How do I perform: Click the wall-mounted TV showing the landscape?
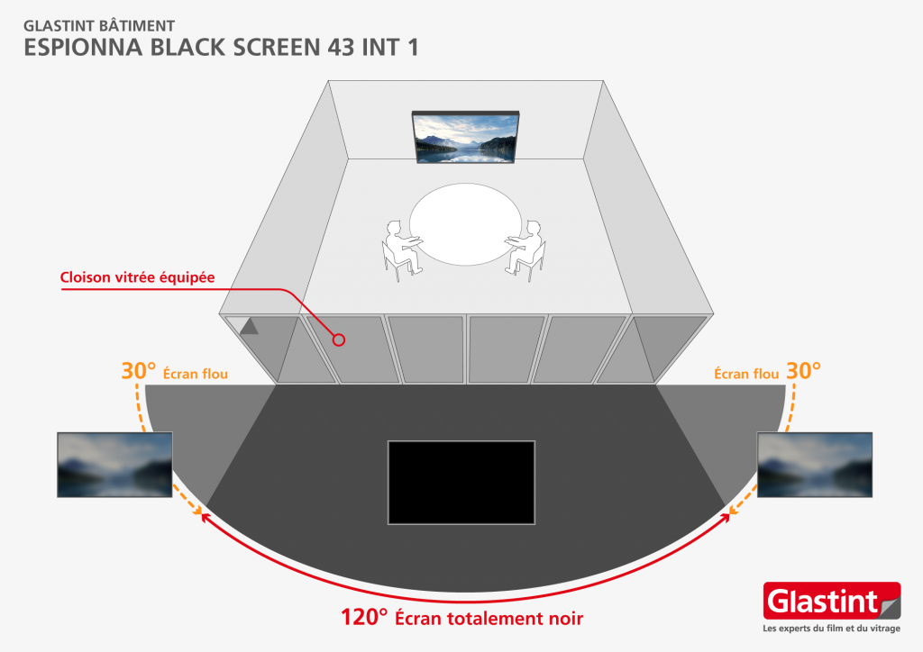(x=466, y=137)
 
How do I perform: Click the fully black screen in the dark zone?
(x=461, y=482)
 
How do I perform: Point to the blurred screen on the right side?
(x=815, y=465)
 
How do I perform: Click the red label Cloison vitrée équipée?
(x=137, y=277)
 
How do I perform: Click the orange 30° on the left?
(x=139, y=371)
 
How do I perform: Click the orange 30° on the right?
(x=803, y=371)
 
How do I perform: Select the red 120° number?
(x=363, y=619)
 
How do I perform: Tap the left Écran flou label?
(x=196, y=373)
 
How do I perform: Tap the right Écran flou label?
(x=746, y=373)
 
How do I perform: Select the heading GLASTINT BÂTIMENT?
(x=87, y=25)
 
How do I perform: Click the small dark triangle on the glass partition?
(x=250, y=327)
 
